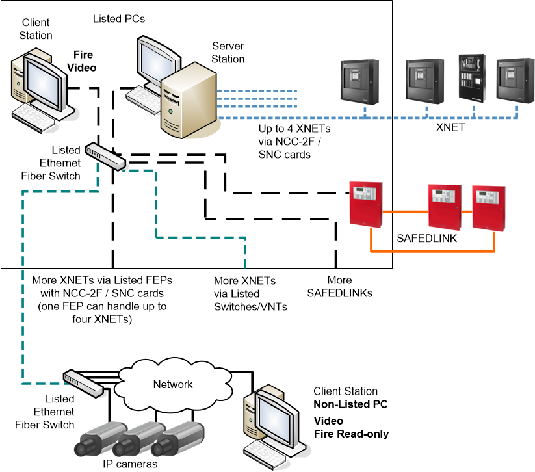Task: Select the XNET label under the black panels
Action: click(450, 128)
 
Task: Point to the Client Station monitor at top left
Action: click(42, 81)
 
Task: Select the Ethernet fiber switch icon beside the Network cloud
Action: click(83, 383)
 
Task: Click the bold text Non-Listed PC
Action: click(350, 404)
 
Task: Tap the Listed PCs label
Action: click(118, 19)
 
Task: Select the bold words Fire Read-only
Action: click(351, 434)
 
